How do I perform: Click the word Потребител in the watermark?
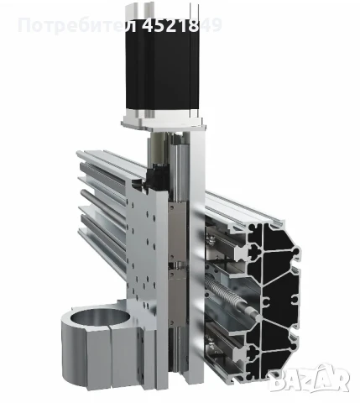[77, 24]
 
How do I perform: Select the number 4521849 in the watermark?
[182, 24]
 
